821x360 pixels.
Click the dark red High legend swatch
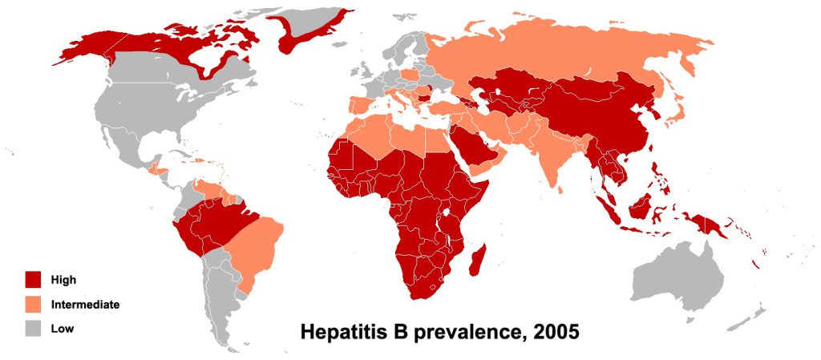point(33,280)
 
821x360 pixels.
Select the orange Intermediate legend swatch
point(33,305)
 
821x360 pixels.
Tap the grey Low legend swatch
point(33,329)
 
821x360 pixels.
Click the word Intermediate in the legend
point(85,305)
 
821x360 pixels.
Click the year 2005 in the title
point(552,332)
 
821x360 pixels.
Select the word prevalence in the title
point(456,332)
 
